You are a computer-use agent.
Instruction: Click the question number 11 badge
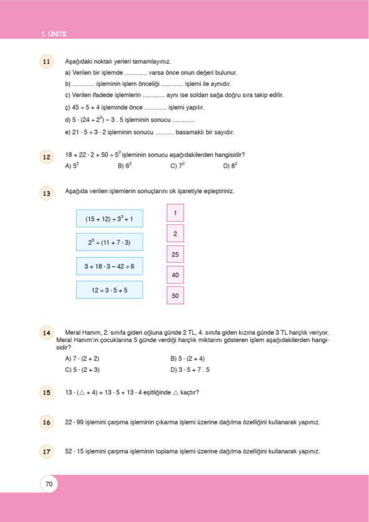pos(46,61)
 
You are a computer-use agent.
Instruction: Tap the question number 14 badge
pos(46,333)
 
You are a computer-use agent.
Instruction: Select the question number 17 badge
pos(46,452)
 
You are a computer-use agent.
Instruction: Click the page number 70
pos(49,484)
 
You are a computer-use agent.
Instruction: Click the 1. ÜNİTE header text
pos(54,34)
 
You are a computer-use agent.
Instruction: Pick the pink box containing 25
pos(175,254)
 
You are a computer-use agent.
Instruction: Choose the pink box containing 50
pos(175,295)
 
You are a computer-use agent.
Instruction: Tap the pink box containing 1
pos(175,213)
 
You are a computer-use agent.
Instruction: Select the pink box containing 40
pos(175,275)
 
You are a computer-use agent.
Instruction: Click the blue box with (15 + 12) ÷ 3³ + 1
pos(109,219)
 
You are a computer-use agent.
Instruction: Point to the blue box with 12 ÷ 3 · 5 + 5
pos(109,290)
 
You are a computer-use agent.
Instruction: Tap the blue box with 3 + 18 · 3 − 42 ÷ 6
pos(109,266)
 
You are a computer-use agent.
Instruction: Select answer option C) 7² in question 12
pos(178,166)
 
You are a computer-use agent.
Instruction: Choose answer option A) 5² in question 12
pos(72,166)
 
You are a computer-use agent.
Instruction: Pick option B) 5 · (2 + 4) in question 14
pos(187,359)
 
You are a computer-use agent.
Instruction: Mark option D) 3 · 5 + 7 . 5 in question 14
pos(190,370)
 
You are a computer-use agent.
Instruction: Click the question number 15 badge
pos(46,392)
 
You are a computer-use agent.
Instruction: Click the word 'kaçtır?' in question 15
pos(190,392)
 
